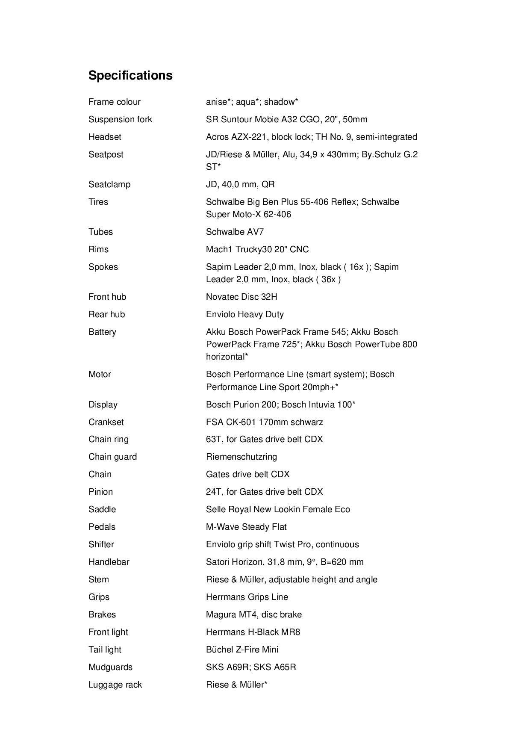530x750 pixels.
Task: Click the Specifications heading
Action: [130, 75]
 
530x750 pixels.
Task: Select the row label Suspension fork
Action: [120, 119]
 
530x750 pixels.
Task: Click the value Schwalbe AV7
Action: [235, 232]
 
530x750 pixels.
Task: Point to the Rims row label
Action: [98, 249]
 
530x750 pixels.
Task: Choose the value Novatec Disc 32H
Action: [241, 297]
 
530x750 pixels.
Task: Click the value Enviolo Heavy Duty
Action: [244, 314]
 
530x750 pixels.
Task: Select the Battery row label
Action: [102, 332]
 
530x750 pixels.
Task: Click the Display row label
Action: [103, 405]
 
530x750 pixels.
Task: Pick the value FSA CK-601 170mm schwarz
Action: [264, 422]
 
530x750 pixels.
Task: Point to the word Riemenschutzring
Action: [241, 457]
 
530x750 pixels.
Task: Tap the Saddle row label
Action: [102, 509]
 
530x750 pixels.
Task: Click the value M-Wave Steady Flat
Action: [246, 527]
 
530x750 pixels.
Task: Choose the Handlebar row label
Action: [109, 562]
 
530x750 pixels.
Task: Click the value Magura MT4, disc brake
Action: [253, 614]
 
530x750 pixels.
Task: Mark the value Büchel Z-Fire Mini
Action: [242, 650]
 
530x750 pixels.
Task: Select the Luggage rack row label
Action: [115, 685]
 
